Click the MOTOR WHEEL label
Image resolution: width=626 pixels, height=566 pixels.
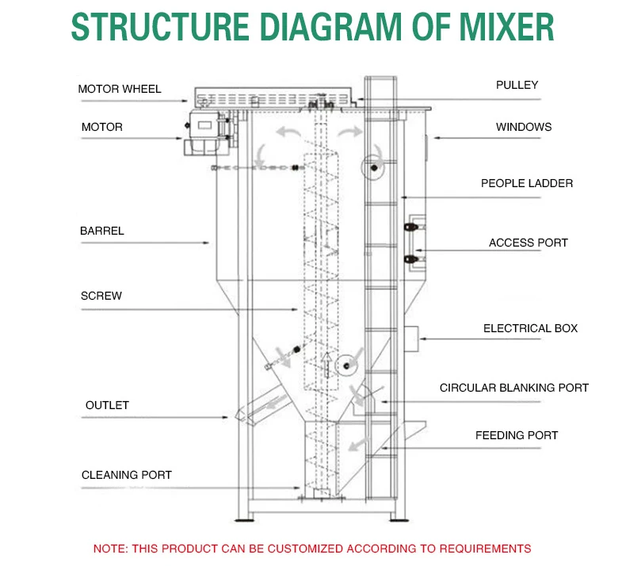119,89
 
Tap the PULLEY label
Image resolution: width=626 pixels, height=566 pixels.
517,85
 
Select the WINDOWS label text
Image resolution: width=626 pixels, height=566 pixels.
524,127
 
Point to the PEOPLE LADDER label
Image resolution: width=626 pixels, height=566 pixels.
526,183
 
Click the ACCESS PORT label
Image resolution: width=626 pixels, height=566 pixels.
528,243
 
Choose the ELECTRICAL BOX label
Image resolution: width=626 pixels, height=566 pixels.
530,328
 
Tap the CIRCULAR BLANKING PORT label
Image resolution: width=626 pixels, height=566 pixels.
514,388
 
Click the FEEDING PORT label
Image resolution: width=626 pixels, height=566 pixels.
516,435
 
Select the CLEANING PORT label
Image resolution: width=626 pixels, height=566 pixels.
126,475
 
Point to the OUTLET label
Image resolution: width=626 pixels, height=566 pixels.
107,405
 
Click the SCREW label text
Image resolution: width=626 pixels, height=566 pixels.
101,296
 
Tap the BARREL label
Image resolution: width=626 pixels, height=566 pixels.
101,231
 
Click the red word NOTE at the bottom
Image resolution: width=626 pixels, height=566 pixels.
109,548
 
